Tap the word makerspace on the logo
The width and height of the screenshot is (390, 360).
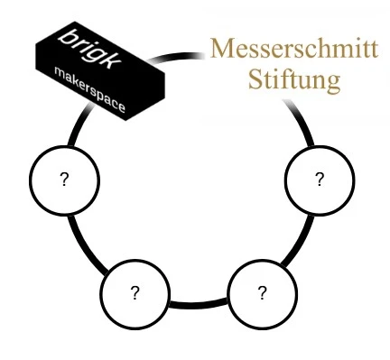(x=89, y=89)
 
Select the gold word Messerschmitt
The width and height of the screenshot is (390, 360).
(x=294, y=48)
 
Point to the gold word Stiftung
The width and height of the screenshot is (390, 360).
(x=294, y=79)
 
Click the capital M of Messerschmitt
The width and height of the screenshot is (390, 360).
(x=222, y=48)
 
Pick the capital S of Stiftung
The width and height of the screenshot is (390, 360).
(x=255, y=79)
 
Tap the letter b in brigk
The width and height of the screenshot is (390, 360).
(x=69, y=37)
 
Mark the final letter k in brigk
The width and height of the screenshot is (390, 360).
(x=113, y=61)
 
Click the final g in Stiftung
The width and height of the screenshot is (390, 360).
(x=334, y=83)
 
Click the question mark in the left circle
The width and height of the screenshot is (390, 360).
(x=64, y=180)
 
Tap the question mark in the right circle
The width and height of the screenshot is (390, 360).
(x=320, y=179)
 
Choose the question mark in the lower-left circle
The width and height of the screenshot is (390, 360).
(x=135, y=292)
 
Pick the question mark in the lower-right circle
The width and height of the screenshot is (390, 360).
(x=262, y=292)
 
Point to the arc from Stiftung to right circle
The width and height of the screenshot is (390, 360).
(x=301, y=120)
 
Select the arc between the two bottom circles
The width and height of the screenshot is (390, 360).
(x=199, y=304)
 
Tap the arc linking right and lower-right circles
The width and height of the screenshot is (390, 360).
(x=299, y=242)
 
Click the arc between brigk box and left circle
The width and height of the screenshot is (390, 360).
(x=79, y=125)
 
